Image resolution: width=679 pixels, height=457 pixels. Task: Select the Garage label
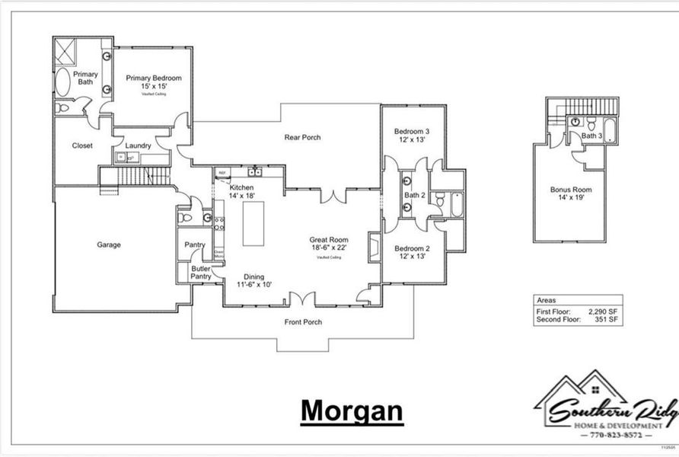109,244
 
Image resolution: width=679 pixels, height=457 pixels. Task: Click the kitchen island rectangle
253,222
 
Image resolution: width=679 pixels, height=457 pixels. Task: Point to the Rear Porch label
302,137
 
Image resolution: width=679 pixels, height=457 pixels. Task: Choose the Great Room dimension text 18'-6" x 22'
329,248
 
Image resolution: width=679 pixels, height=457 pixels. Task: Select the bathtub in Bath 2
455,204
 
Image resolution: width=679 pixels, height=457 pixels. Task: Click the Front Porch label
303,322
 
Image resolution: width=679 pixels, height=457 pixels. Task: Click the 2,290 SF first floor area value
601,312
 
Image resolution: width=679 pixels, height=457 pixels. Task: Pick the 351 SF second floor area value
604,320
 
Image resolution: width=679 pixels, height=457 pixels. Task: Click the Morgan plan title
351,410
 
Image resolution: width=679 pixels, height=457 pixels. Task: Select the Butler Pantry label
201,273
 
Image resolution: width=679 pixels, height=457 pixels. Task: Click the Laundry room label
138,145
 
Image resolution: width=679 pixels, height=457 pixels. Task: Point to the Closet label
82,145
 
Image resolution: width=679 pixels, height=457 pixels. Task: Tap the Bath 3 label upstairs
592,136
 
